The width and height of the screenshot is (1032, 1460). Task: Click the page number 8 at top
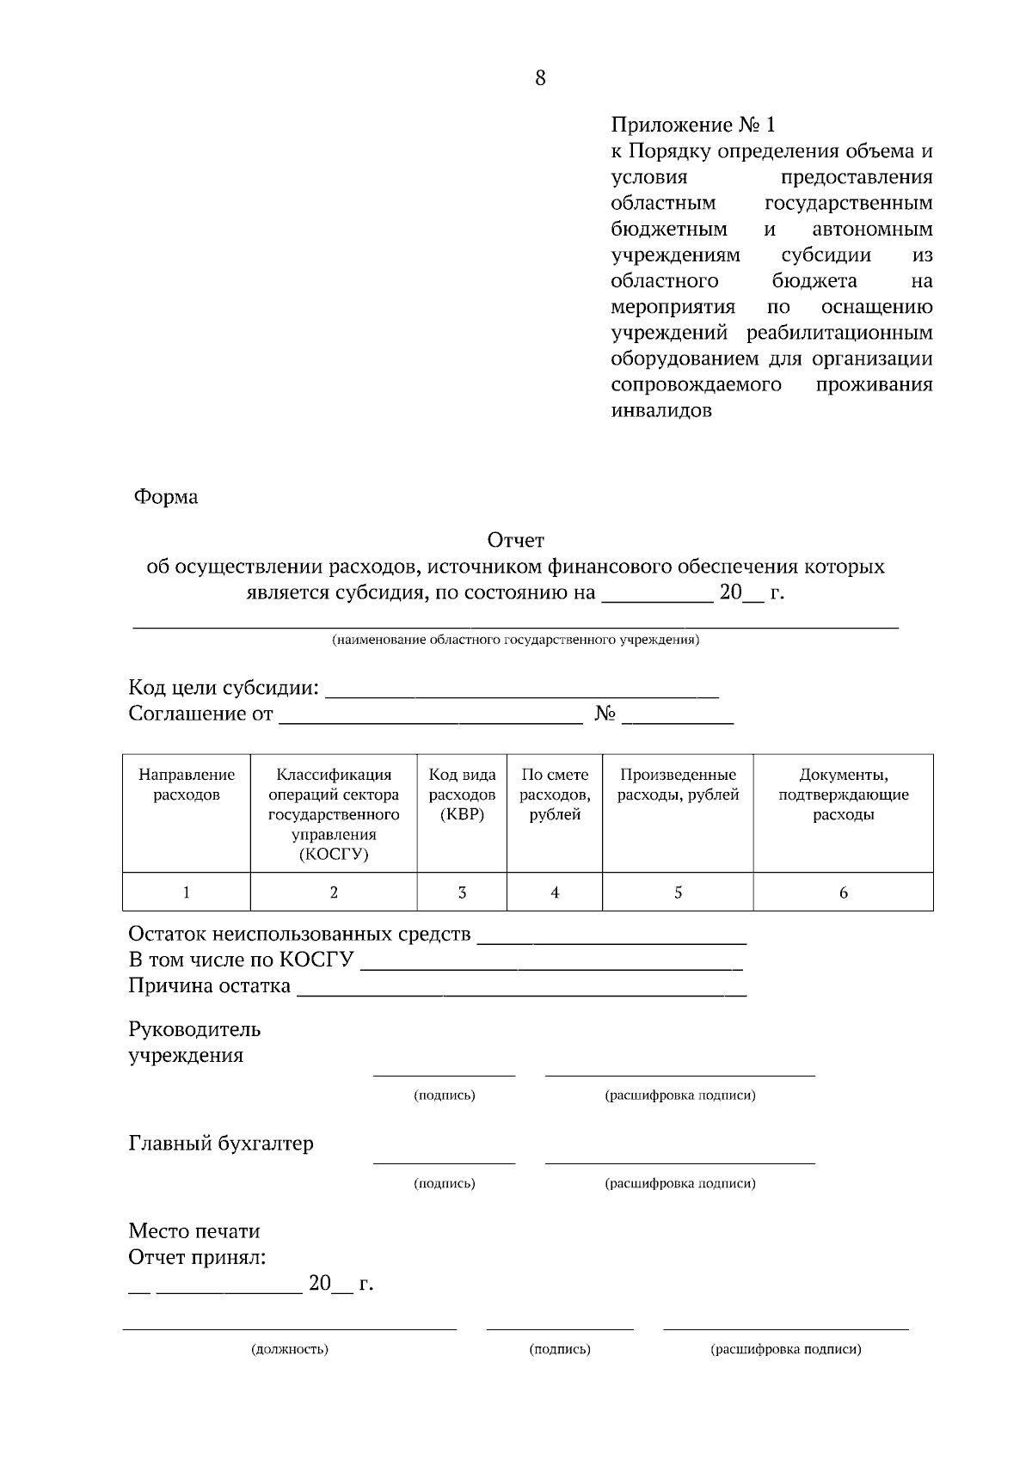point(540,78)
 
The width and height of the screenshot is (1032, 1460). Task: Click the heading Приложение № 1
point(692,125)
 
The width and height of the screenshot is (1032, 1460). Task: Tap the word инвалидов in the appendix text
point(660,410)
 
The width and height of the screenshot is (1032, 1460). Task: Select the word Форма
point(165,497)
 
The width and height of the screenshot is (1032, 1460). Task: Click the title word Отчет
point(515,540)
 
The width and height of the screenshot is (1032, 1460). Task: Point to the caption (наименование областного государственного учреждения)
point(515,640)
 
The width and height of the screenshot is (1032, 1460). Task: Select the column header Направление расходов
point(187,784)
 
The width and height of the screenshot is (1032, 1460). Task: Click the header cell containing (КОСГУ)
point(334,814)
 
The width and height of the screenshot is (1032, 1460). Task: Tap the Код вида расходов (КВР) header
point(462,794)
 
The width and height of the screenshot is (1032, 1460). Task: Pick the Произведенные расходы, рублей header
point(678,784)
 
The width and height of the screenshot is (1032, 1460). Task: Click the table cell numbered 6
point(843,893)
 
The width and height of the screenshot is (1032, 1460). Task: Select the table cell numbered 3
point(462,893)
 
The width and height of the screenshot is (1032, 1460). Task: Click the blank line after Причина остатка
point(521,989)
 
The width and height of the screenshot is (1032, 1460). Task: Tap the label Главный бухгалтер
point(221,1144)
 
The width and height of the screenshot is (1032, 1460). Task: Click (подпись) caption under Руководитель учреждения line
point(444,1095)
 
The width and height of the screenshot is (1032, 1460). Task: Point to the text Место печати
point(194,1231)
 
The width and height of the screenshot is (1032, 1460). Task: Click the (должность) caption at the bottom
point(289,1349)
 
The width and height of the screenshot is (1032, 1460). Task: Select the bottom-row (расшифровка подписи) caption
point(785,1349)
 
